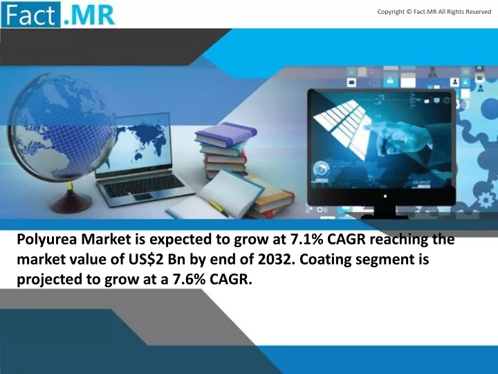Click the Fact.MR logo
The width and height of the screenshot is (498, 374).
click(x=58, y=15)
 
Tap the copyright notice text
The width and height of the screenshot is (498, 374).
click(x=434, y=12)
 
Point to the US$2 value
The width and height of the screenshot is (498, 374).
click(x=146, y=260)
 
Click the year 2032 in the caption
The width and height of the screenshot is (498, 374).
click(x=273, y=260)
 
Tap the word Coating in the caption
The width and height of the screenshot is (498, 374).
click(x=326, y=260)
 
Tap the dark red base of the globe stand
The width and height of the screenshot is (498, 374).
click(x=71, y=202)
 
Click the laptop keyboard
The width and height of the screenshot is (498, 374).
click(x=144, y=186)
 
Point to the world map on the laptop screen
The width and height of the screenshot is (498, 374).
click(x=140, y=143)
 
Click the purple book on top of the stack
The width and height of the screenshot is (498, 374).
click(x=225, y=134)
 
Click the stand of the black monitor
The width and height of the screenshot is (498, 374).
click(x=385, y=213)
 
